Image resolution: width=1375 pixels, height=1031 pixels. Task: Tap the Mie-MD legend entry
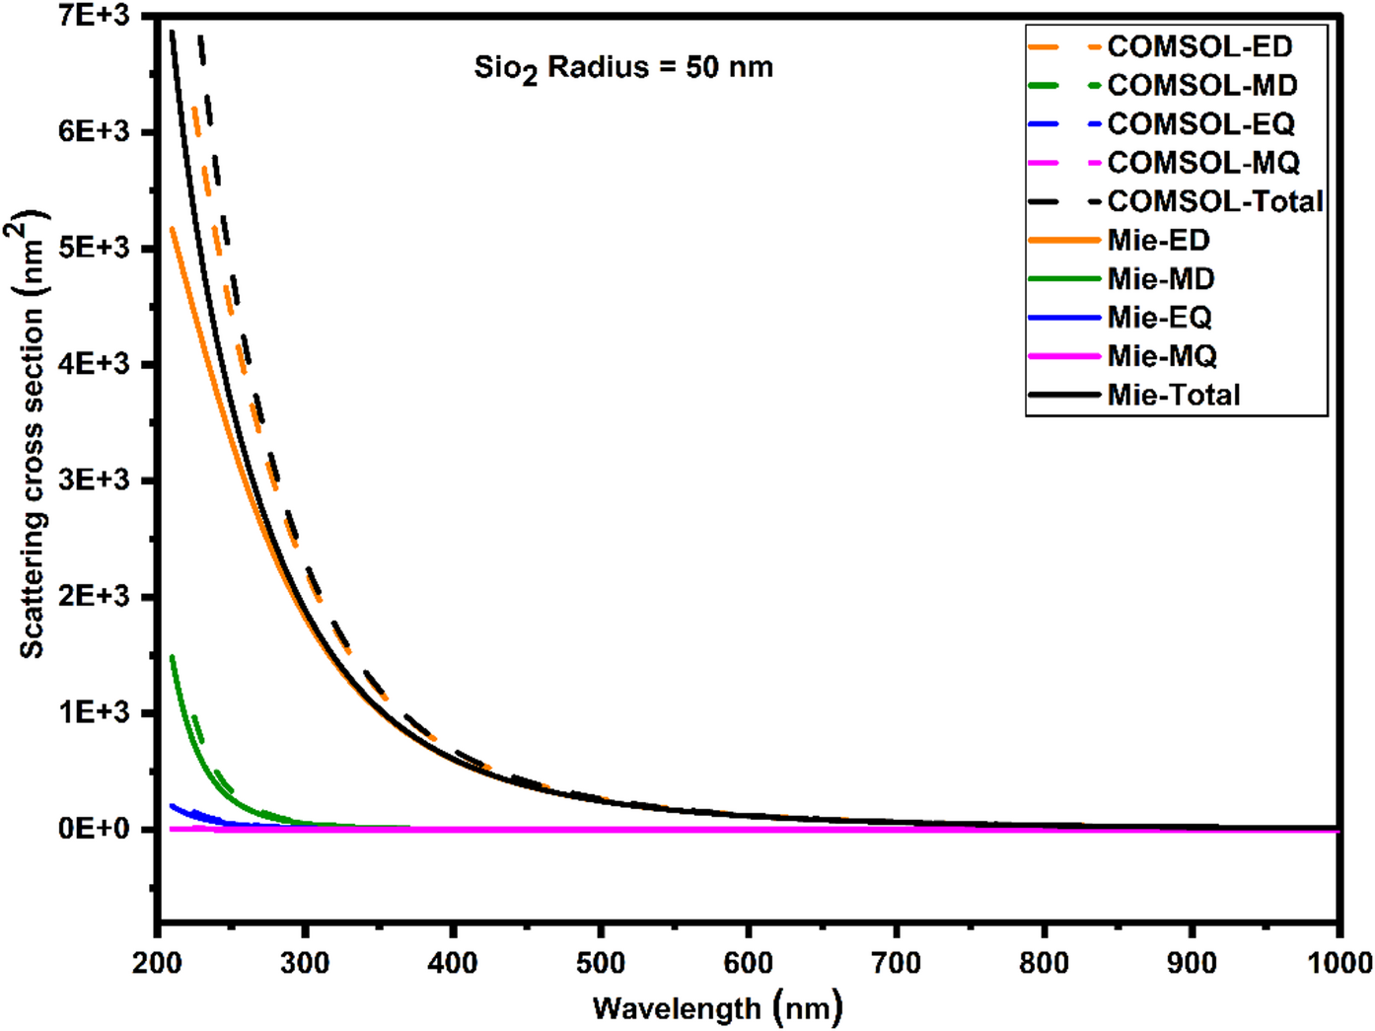coord(1160,279)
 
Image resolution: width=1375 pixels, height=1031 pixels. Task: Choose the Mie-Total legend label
coord(1173,395)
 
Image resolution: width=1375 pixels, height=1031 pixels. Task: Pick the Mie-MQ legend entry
coord(1161,356)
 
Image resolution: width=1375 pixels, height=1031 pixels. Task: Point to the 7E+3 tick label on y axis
coord(94,16)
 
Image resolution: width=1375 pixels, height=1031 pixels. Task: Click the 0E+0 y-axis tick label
coord(94,829)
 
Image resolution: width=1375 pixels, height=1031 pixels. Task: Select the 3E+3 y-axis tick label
coord(94,480)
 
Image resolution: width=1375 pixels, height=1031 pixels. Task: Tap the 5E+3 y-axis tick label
coord(94,248)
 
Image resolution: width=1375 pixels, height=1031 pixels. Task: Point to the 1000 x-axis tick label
coord(1337,962)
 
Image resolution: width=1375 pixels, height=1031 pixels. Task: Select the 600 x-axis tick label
coord(749,962)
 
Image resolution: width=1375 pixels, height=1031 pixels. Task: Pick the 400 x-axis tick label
coord(453,962)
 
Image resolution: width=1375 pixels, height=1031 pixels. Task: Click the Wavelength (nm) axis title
coord(718,1008)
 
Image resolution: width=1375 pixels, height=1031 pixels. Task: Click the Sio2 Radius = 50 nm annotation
coord(623,68)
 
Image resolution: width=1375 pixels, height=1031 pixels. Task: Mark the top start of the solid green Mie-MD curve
coord(173,657)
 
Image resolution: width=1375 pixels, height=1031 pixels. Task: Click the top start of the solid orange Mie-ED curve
coord(173,229)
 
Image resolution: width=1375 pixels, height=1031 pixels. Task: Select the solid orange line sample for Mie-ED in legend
coord(1063,241)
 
